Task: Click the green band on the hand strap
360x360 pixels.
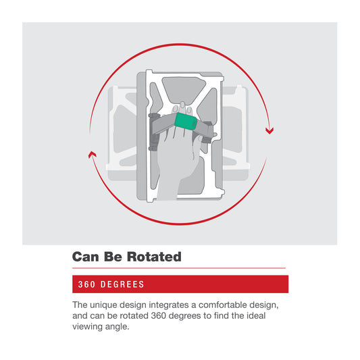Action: pyautogui.click(x=186, y=122)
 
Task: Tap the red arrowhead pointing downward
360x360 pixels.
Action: pyautogui.click(x=269, y=131)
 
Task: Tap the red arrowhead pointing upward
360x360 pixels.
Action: pyautogui.click(x=93, y=154)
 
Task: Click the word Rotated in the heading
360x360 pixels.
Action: pyautogui.click(x=154, y=257)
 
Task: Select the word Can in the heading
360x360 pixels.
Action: pyautogui.click(x=86, y=257)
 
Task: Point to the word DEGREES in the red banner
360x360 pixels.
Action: pyautogui.click(x=122, y=284)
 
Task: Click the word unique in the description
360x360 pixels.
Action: pyautogui.click(x=103, y=305)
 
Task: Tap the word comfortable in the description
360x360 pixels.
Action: pyautogui.click(x=223, y=305)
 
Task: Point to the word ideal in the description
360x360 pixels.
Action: pyautogui.click(x=256, y=315)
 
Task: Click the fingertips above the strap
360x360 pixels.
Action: pyautogui.click(x=182, y=108)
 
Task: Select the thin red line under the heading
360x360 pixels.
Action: pyautogui.click(x=179, y=268)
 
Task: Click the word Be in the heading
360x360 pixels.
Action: pyautogui.click(x=113, y=257)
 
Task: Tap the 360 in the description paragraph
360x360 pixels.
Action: pyautogui.click(x=159, y=315)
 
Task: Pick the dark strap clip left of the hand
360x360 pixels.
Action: pyautogui.click(x=153, y=132)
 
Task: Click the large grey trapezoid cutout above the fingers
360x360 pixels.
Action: pyautogui.click(x=184, y=91)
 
